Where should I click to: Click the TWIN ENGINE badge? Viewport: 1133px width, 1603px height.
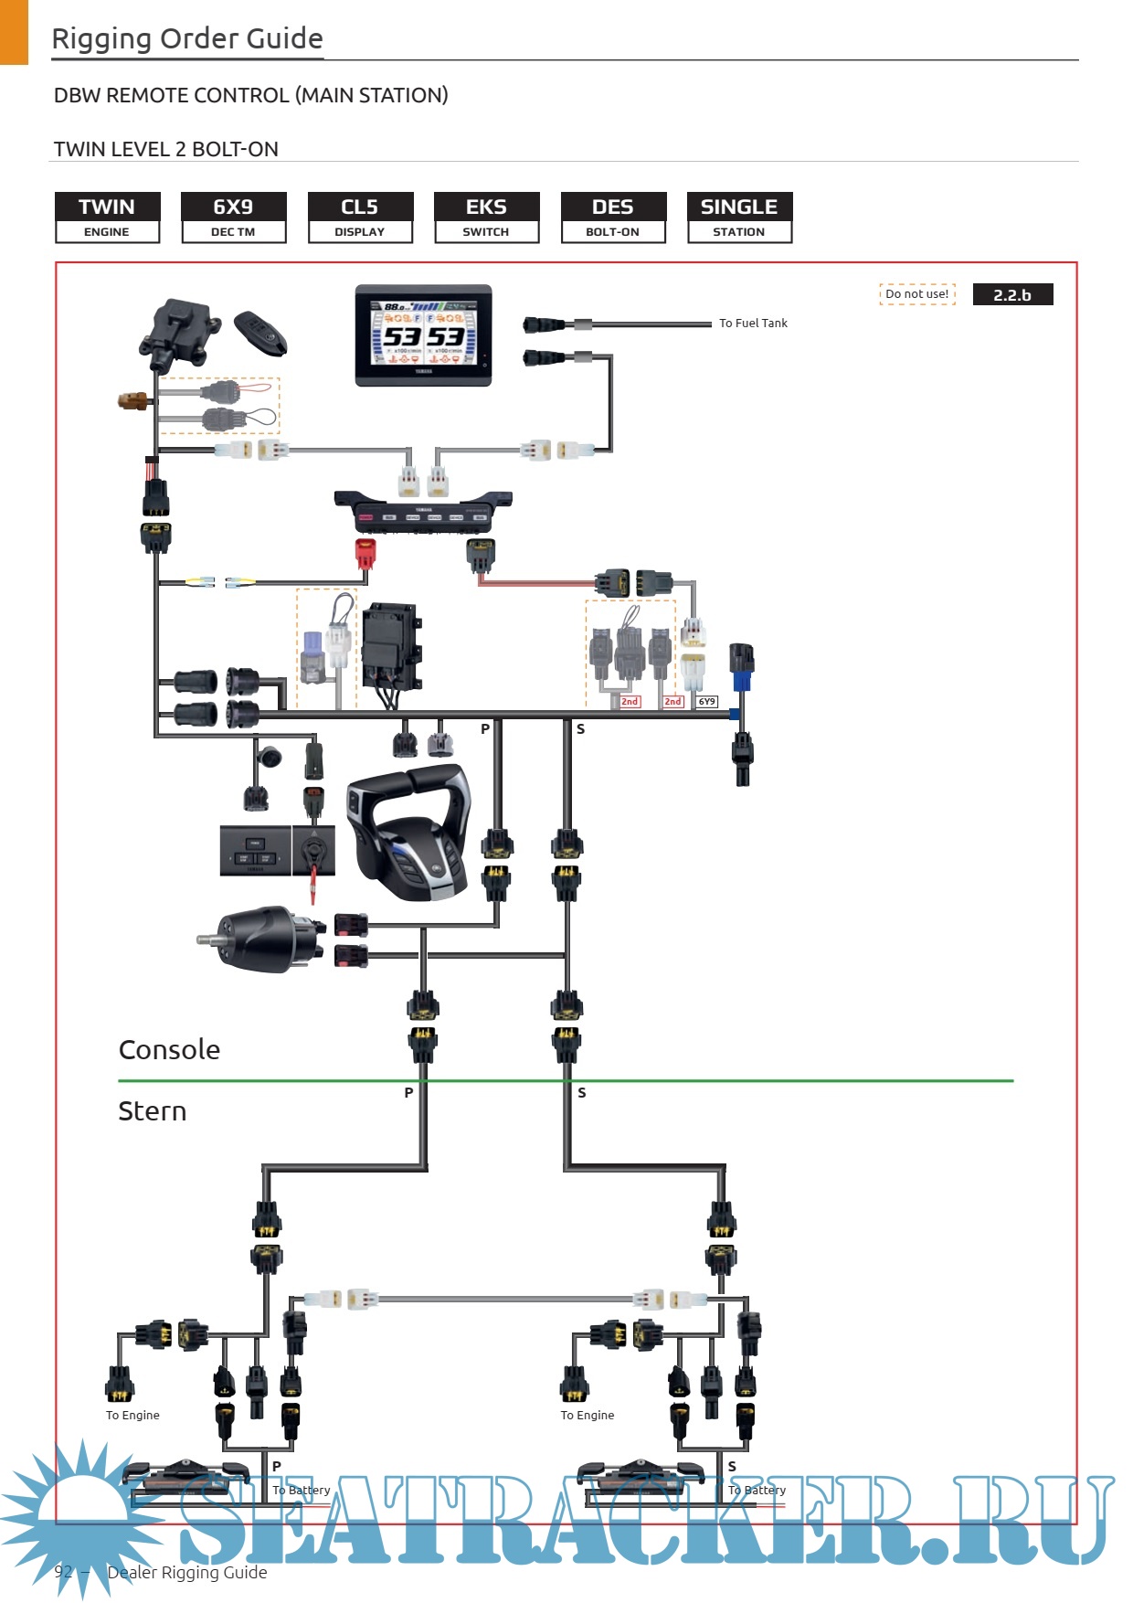tap(107, 218)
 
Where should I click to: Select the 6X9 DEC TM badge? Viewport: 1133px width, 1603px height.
tap(233, 218)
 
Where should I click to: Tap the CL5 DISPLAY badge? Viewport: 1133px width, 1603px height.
tap(360, 218)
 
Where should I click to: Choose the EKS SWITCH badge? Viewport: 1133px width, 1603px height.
tap(486, 218)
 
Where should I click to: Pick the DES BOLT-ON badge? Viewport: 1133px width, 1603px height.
tap(613, 218)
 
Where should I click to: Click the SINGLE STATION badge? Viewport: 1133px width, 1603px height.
tap(739, 218)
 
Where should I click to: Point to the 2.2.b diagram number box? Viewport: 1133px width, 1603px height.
tap(1012, 294)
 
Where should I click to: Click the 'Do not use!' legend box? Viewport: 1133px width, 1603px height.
tap(916, 294)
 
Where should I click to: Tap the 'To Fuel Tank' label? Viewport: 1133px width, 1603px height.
tap(753, 323)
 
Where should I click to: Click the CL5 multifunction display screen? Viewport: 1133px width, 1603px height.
tap(423, 334)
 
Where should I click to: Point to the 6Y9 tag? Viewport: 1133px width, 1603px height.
tap(707, 702)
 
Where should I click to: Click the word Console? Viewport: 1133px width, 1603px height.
tap(169, 1049)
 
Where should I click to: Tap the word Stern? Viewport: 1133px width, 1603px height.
tap(153, 1111)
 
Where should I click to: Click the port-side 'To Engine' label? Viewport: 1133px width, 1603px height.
tap(132, 1415)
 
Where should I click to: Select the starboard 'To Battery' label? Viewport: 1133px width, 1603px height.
tap(757, 1490)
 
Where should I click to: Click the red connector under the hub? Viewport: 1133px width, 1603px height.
tap(365, 554)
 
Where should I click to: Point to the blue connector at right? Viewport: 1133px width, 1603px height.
tap(741, 680)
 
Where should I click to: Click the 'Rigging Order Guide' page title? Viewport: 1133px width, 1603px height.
tap(187, 38)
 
